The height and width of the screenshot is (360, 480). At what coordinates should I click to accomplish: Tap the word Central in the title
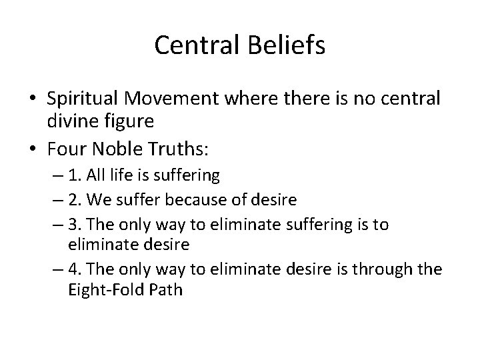(201, 45)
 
